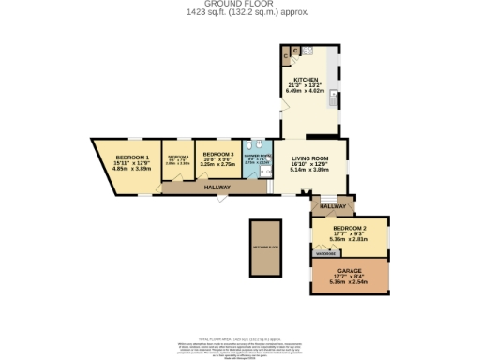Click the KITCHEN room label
306,80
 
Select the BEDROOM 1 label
132,157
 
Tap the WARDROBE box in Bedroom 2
325,252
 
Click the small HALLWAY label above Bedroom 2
333,205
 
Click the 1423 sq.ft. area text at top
239,12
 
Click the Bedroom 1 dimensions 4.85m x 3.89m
132,169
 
